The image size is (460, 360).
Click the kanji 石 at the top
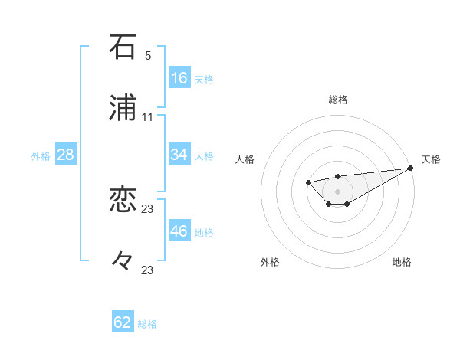123,47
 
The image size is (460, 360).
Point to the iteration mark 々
123,262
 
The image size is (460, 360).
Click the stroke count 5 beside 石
147,56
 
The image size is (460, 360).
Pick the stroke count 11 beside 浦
147,117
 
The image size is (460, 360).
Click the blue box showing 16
179,78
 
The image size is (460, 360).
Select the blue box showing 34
179,155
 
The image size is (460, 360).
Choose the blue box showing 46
179,231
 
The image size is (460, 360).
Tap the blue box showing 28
66,155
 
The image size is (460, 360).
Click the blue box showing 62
123,322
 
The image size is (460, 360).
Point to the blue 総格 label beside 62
147,324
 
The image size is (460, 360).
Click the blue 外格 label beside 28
41,156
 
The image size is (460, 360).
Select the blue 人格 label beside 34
204,156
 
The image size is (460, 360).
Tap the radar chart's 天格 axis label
431,159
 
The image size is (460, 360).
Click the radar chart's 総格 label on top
338,100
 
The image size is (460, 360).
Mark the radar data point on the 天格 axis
412,168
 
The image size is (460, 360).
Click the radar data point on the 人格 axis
308,182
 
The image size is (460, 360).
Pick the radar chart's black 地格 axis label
402,262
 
